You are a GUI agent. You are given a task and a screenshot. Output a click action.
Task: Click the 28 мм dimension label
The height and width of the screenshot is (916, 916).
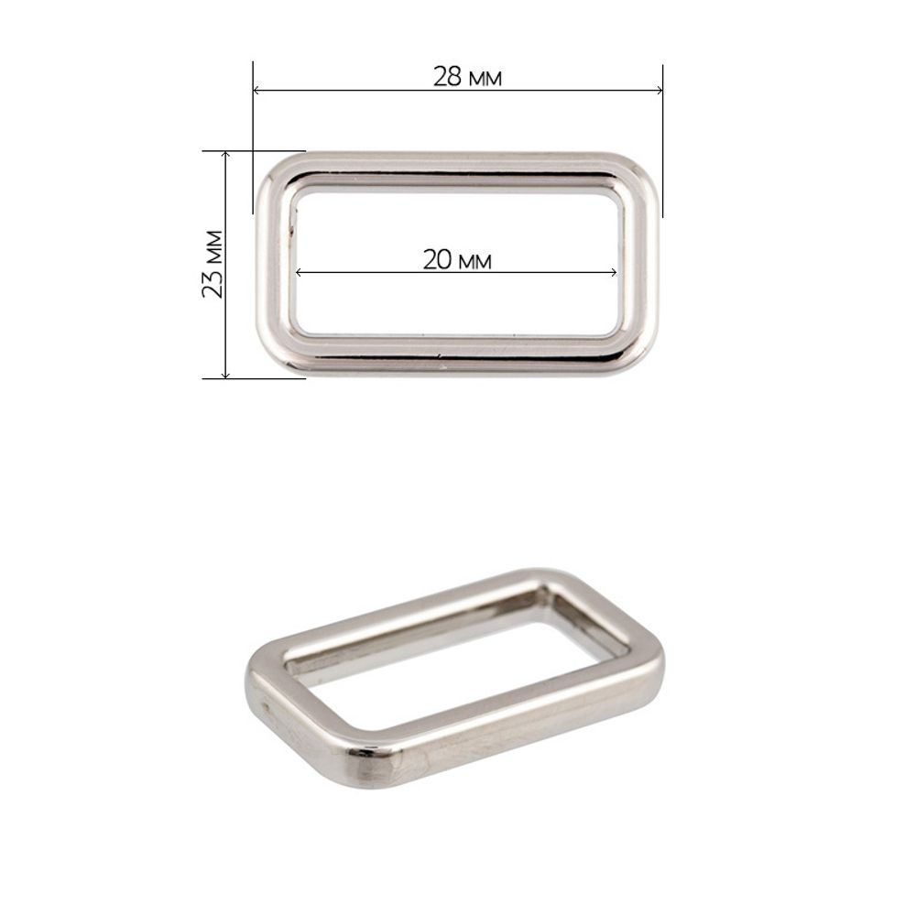tap(467, 77)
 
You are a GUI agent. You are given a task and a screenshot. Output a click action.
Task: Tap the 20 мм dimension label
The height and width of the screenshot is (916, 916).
tap(457, 260)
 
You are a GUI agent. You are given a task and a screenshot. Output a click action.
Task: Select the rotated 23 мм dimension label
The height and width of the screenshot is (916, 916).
tap(213, 264)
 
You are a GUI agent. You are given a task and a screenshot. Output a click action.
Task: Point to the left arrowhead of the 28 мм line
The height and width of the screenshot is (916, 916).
tap(257, 90)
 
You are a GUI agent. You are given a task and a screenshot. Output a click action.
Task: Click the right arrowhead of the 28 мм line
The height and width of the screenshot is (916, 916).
tap(659, 90)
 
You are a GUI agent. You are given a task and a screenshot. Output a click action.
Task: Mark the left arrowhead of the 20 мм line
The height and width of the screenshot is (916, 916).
tap(300, 272)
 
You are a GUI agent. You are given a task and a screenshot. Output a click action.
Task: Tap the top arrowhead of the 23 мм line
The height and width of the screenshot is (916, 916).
tap(226, 155)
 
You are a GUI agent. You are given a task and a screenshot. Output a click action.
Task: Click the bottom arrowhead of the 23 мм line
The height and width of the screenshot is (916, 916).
tap(226, 375)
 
